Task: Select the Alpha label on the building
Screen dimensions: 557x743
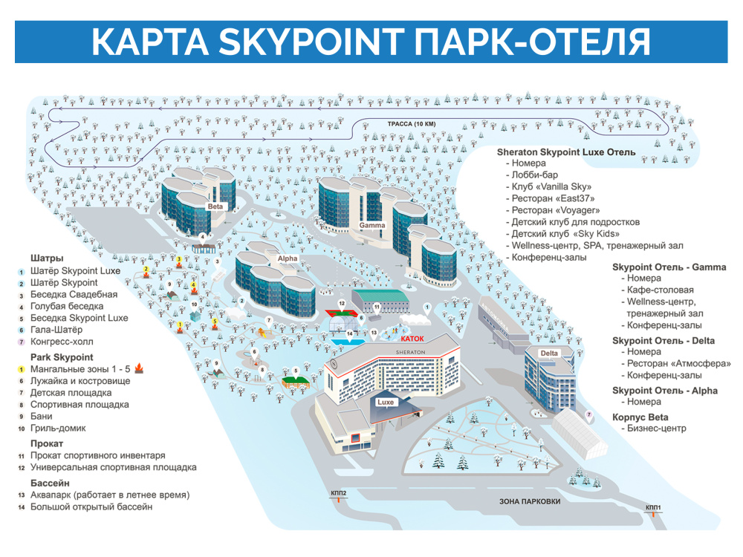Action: point(287,259)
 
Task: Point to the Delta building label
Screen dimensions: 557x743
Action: point(549,352)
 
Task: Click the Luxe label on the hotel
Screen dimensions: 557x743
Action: point(386,402)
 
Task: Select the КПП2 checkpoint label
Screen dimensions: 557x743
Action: point(339,492)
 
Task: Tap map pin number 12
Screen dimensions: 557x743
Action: point(342,304)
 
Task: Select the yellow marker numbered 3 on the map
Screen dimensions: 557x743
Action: point(179,259)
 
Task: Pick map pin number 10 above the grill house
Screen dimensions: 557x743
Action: point(194,304)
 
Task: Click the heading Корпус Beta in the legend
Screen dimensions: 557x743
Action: point(640,417)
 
